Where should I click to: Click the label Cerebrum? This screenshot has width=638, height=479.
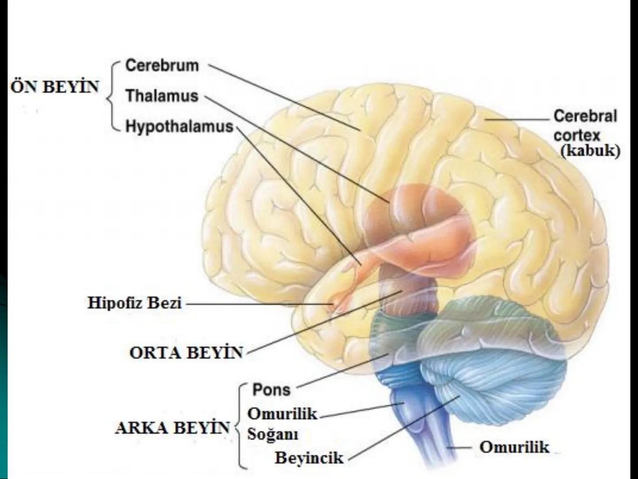tap(162, 66)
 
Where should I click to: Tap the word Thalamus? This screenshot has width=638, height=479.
tap(162, 96)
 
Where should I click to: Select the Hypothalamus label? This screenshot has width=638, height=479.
tap(179, 126)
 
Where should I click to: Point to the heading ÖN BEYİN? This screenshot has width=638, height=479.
tap(54, 86)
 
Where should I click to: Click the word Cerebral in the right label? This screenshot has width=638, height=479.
tap(585, 116)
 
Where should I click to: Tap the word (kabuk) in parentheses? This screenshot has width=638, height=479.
tap(590, 151)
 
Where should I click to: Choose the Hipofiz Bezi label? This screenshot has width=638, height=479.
tap(135, 303)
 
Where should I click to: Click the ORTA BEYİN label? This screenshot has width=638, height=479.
tap(187, 353)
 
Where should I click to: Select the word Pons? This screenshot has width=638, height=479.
tap(271, 390)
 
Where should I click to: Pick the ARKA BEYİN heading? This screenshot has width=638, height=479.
tap(172, 428)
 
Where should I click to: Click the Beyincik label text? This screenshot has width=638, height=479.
tap(309, 458)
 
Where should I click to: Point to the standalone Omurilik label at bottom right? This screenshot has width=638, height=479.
tap(514, 447)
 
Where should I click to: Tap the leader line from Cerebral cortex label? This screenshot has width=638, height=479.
tap(518, 120)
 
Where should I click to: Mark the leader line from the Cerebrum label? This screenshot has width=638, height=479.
tap(284, 98)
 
